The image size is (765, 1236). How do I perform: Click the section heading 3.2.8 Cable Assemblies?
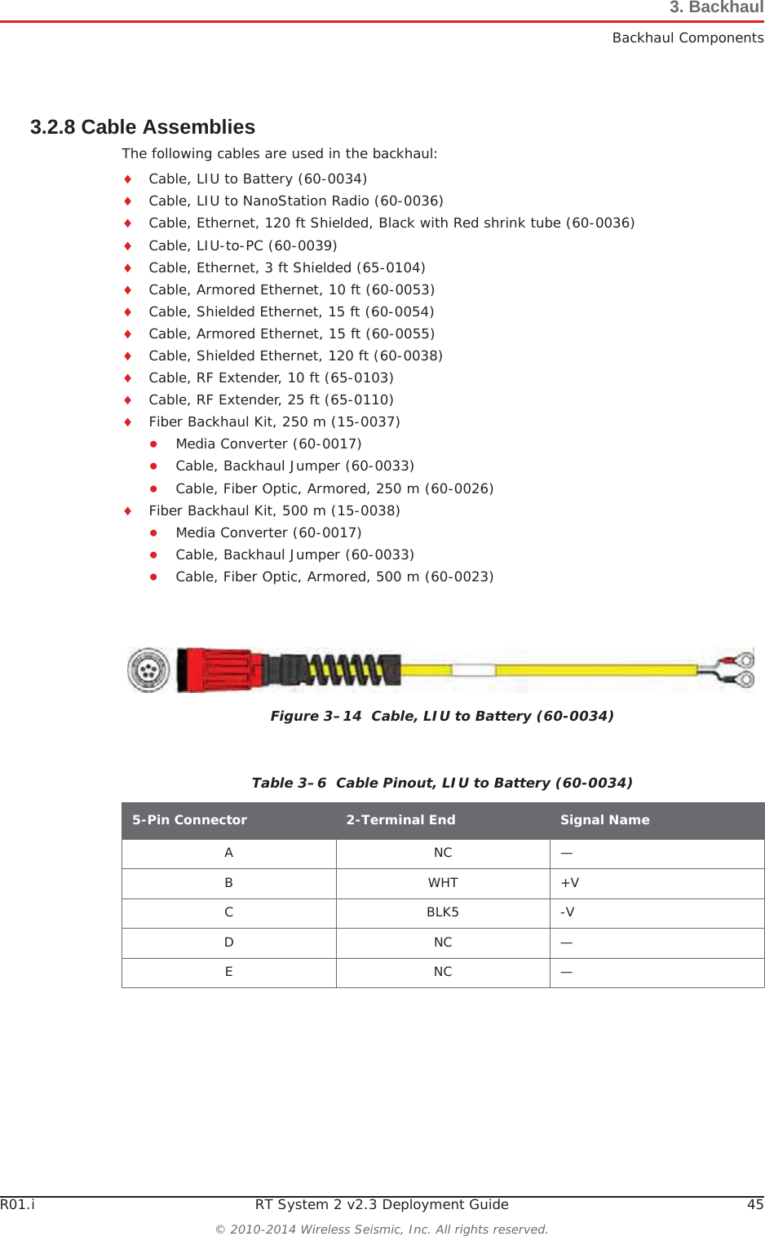pyautogui.click(x=143, y=127)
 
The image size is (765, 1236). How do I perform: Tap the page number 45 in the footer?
pyautogui.click(x=755, y=1204)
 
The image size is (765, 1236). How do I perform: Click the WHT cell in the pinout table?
pyautogui.click(x=443, y=883)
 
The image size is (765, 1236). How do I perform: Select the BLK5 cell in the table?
pyautogui.click(x=443, y=912)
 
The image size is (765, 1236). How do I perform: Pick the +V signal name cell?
pyautogui.click(x=570, y=883)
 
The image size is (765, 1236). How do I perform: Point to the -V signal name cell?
pyautogui.click(x=568, y=912)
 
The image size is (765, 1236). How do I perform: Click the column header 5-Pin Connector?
pyautogui.click(x=189, y=820)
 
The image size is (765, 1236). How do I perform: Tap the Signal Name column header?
pyautogui.click(x=604, y=820)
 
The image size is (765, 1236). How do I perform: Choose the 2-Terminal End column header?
pyautogui.click(x=400, y=820)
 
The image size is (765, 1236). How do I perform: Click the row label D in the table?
pyautogui.click(x=229, y=942)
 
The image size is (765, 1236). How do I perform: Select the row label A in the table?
pyautogui.click(x=229, y=853)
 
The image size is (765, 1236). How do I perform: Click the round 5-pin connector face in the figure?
pyautogui.click(x=148, y=670)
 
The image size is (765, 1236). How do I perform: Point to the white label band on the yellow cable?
pyautogui.click(x=474, y=670)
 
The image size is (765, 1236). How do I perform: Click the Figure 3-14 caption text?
pyautogui.click(x=442, y=716)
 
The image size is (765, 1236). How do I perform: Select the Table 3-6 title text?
pyautogui.click(x=442, y=783)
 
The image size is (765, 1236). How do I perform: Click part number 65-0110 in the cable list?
pyautogui.click(x=359, y=399)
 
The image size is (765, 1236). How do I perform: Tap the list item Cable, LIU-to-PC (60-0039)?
pyautogui.click(x=243, y=245)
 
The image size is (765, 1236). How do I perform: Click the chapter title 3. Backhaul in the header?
pyautogui.click(x=716, y=8)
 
